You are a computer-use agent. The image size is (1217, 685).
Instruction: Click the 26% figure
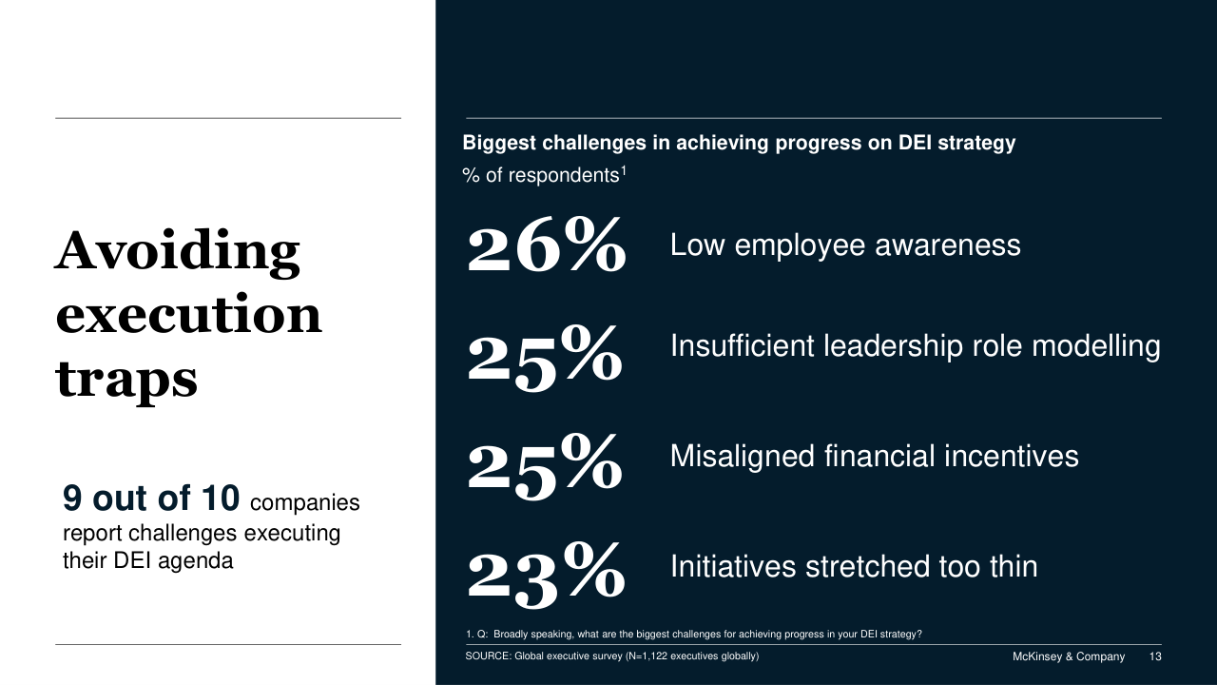pos(546,245)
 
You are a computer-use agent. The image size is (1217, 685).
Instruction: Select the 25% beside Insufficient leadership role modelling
pos(545,359)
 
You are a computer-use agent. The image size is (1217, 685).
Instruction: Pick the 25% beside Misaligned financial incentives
pos(545,467)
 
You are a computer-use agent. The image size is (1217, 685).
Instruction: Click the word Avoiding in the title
pos(177,252)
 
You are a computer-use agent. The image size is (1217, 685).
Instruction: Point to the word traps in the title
pos(126,379)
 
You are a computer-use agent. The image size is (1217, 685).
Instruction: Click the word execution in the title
pos(188,314)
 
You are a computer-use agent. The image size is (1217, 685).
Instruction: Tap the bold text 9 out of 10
pos(151,498)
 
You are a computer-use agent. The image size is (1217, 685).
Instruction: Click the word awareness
pos(948,245)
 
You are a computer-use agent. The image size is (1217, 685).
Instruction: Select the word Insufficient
pos(743,345)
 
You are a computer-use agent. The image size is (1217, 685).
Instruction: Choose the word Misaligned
pos(743,457)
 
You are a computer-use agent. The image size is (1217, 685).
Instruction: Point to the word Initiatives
pos(733,566)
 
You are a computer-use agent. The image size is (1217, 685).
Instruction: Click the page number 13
pos(1155,656)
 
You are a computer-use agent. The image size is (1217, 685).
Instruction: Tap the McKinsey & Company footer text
pos(1069,656)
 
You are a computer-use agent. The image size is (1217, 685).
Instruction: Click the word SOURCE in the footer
pos(488,656)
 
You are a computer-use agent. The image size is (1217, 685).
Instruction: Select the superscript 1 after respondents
pos(624,170)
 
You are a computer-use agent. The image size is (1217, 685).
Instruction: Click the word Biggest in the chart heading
pos(499,144)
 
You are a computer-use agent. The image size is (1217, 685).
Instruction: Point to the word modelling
pos(1096,347)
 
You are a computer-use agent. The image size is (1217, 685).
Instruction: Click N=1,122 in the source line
pos(647,656)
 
